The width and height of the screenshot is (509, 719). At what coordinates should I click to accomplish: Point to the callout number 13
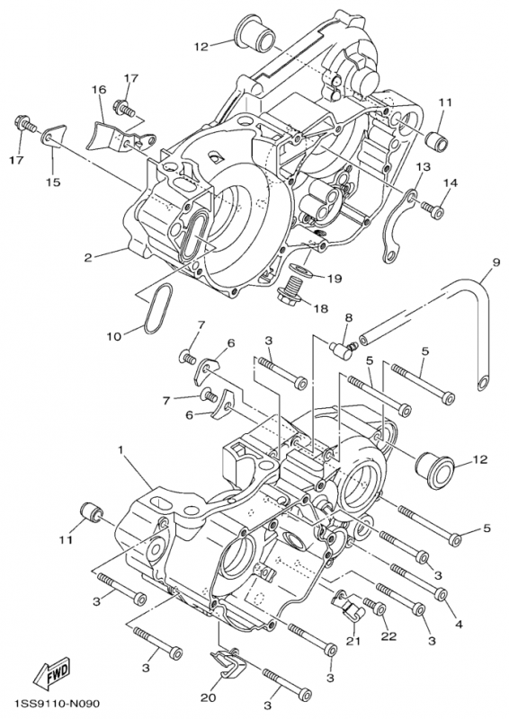[x=423, y=168]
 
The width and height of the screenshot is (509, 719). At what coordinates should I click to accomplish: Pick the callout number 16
[x=98, y=89]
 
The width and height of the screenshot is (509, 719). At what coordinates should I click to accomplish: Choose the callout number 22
[x=388, y=636]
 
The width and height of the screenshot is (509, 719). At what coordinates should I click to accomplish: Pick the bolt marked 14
[x=433, y=210]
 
